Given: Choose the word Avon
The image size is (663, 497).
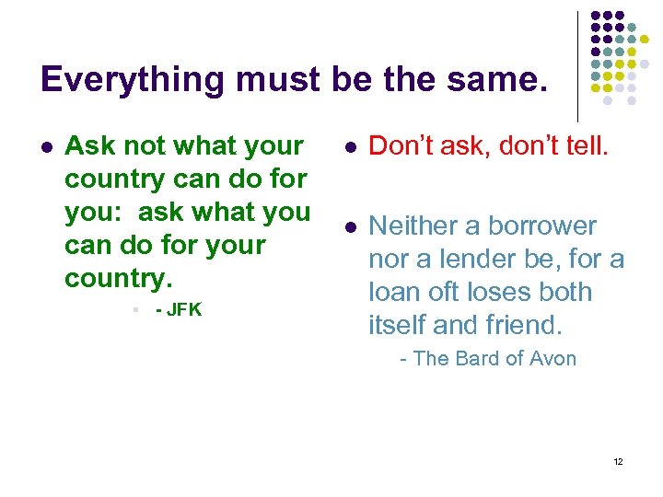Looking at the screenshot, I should click(x=552, y=359).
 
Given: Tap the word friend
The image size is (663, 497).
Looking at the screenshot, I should click(x=522, y=325).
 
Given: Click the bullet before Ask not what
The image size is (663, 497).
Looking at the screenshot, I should click(x=47, y=146).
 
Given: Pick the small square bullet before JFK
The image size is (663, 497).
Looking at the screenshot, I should click(x=135, y=310).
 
